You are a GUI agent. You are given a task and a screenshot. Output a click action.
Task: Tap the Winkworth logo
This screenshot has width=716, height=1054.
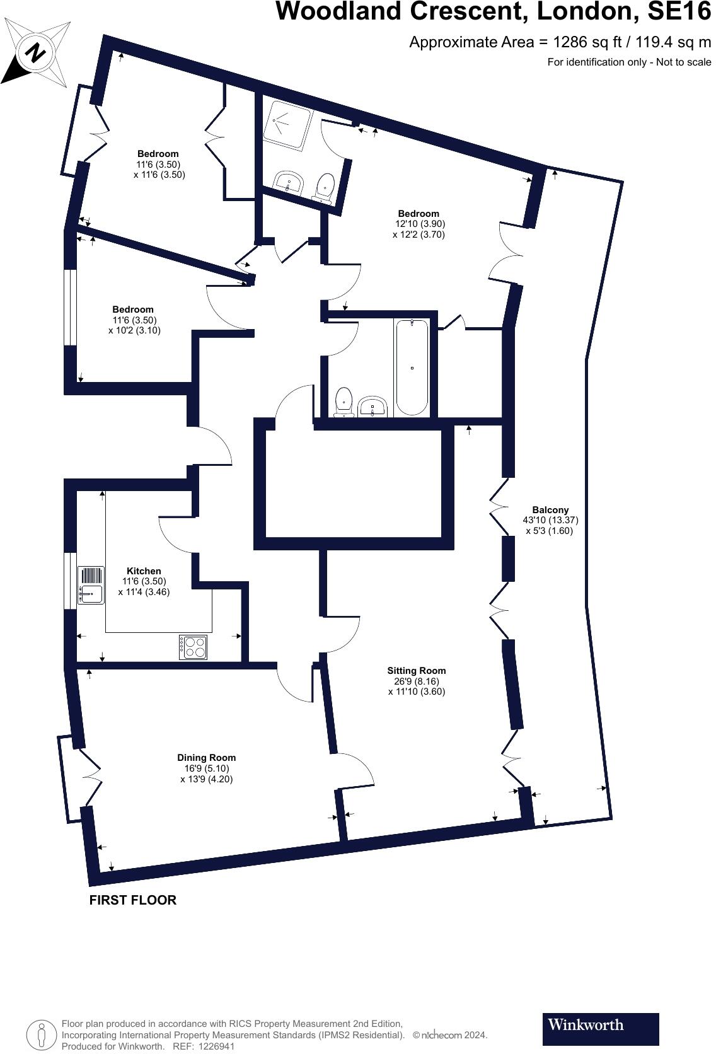(x=600, y=1029)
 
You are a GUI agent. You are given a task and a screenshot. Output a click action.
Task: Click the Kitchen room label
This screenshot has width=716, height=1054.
(x=144, y=571)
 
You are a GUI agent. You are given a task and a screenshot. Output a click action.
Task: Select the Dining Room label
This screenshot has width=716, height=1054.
(x=206, y=758)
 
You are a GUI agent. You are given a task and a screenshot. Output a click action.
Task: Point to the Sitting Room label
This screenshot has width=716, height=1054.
(x=416, y=671)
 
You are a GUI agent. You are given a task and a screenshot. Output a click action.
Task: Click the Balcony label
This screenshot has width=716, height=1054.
(x=550, y=510)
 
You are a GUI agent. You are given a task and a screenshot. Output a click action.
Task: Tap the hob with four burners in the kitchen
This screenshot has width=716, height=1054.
(x=193, y=647)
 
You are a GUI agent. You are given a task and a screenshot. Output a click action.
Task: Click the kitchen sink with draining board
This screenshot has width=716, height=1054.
(x=91, y=585)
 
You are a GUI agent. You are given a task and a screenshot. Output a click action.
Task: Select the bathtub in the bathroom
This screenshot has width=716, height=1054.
(x=412, y=368)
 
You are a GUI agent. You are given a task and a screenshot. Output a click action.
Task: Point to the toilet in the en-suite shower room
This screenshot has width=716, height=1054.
(x=324, y=187)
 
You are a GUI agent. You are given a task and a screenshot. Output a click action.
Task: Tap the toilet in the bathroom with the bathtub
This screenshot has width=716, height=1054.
(x=344, y=402)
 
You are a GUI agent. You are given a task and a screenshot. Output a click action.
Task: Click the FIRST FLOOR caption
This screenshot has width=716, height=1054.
(x=132, y=900)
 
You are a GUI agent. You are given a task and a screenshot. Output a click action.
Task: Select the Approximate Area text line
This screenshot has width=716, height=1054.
(x=560, y=42)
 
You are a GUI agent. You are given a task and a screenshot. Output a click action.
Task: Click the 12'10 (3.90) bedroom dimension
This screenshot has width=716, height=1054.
(x=420, y=224)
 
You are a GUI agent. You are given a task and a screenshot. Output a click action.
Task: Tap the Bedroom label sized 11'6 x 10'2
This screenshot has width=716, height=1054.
(x=133, y=310)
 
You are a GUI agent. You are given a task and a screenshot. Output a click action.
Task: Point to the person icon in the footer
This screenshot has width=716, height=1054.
(x=42, y=1035)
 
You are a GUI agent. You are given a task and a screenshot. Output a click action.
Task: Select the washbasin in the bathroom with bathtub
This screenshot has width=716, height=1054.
(x=373, y=407)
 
